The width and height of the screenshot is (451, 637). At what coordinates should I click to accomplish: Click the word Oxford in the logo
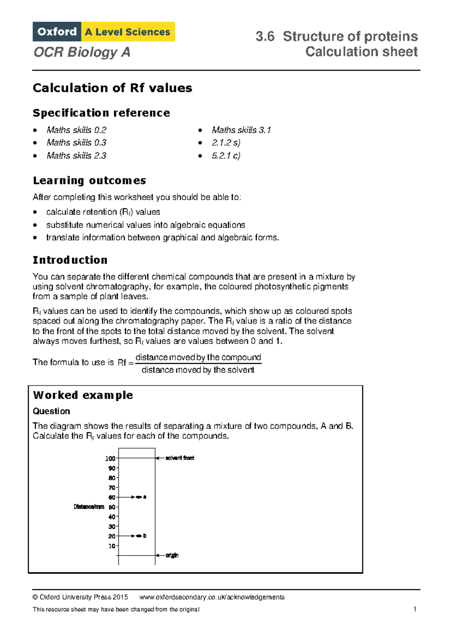click(57, 32)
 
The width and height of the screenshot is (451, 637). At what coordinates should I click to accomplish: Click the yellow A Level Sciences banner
click(128, 32)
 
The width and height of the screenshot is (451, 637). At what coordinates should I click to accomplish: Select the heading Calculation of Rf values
click(112, 88)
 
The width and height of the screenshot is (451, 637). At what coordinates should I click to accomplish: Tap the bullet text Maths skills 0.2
click(76, 130)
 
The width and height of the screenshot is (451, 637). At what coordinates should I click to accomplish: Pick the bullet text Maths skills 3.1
click(241, 130)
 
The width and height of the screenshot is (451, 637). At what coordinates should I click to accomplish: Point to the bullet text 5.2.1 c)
click(225, 155)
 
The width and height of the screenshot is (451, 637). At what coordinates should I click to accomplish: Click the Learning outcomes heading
click(89, 181)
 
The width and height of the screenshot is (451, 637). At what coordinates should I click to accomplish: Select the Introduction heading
click(70, 260)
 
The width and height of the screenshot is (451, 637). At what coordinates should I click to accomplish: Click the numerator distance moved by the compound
click(198, 357)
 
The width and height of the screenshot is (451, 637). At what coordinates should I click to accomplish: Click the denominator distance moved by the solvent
click(198, 370)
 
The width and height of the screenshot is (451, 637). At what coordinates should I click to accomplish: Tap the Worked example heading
click(83, 395)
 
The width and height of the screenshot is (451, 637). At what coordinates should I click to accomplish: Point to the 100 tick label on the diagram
click(110, 458)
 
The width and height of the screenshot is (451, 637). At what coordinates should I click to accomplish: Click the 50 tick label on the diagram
click(112, 507)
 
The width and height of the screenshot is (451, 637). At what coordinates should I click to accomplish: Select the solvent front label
click(180, 458)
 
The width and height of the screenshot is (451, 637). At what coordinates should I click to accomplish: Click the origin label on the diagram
click(172, 555)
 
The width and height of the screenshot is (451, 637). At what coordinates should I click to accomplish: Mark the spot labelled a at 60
click(139, 497)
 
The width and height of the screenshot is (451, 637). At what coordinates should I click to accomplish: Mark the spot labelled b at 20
click(139, 536)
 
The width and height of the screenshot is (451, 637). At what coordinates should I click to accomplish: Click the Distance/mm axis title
click(89, 507)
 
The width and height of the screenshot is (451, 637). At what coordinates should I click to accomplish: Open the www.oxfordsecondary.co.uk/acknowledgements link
click(212, 597)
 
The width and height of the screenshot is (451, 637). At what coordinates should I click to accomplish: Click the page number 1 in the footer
click(415, 609)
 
